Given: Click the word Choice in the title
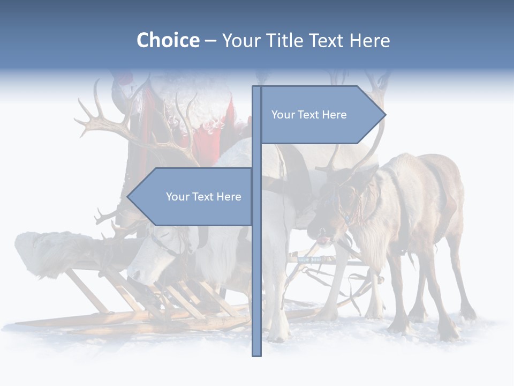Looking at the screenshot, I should [168, 41].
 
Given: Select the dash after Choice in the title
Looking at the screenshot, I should [210, 41].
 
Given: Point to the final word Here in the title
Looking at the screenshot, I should [369, 41].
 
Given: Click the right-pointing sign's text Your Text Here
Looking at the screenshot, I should [309, 115].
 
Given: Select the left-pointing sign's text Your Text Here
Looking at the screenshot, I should [203, 197].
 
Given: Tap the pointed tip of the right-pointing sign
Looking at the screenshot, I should [385, 114].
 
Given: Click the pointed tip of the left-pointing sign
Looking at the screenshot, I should [128, 197].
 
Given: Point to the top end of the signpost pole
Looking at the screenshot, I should [256, 87].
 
